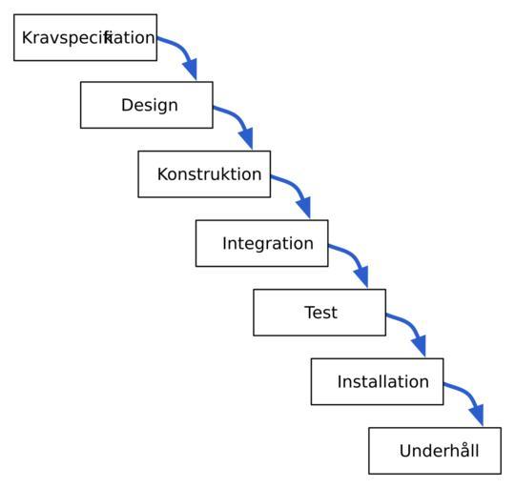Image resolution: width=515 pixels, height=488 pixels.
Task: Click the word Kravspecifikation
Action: point(89,38)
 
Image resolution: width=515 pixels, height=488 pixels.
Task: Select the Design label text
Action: point(150,106)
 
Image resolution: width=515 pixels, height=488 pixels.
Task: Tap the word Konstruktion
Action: point(209,173)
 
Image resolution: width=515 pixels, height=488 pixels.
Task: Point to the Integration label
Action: point(268,244)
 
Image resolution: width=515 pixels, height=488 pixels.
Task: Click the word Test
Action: point(320,313)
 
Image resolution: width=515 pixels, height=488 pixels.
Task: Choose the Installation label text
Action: point(383,381)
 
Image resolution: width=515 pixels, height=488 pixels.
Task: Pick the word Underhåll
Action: point(439,450)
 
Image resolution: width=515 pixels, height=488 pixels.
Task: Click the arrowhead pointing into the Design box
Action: point(191,69)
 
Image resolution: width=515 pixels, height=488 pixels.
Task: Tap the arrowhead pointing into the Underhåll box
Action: point(477,415)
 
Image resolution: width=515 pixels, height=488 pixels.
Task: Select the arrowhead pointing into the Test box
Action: point(362,276)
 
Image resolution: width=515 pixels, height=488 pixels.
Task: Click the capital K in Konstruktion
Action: point(163,173)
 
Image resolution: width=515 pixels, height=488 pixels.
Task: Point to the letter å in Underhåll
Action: point(463,449)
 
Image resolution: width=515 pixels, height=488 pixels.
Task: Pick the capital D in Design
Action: point(128,105)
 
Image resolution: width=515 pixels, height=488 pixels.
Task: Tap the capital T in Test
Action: point(310,313)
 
